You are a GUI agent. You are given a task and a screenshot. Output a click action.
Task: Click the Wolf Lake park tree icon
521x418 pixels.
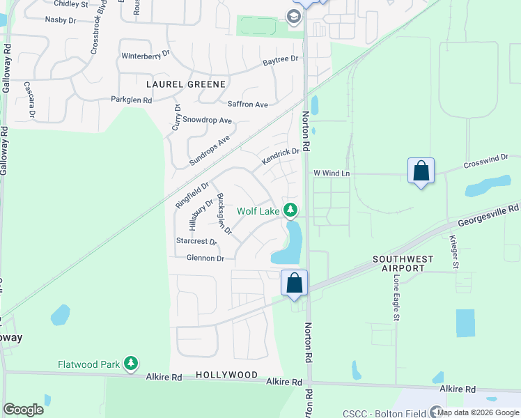(290, 210)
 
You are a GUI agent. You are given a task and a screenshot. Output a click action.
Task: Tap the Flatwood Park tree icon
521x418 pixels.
(130, 363)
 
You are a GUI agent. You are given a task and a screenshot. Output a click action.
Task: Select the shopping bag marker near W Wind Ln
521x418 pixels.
(421, 171)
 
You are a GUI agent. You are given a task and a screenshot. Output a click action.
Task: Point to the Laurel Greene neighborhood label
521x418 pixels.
(186, 84)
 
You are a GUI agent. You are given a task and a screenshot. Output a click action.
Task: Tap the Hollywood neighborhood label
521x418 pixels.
(226, 375)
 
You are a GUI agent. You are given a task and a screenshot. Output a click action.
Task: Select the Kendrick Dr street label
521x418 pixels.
(280, 156)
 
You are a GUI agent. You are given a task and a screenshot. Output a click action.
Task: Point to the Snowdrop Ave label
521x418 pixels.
(212, 120)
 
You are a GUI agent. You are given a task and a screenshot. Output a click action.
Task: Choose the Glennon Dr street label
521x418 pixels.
(205, 258)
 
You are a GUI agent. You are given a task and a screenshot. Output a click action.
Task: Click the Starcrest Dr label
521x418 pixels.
(196, 241)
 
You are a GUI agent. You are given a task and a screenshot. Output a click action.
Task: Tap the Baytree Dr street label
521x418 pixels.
(280, 61)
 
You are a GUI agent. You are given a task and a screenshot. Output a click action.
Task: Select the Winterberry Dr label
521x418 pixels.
(146, 54)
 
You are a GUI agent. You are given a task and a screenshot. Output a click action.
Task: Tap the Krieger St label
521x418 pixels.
(453, 251)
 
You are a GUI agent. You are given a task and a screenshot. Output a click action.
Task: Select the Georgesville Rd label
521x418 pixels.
(488, 215)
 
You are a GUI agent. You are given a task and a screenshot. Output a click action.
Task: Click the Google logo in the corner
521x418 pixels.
(24, 409)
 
